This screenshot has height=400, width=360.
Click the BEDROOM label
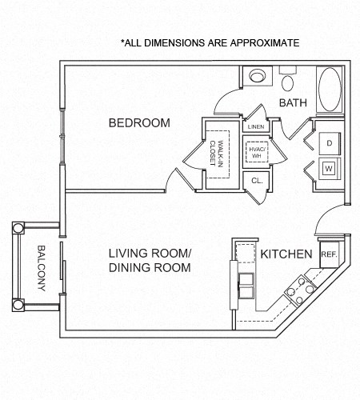pos(140,122)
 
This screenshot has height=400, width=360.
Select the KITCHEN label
pos(286,254)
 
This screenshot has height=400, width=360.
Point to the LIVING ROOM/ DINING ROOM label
pos(150,261)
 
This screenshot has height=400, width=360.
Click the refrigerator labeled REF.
pos(329,254)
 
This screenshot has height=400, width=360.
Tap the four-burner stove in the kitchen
pos(302,286)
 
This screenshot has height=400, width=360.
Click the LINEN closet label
pos(256,127)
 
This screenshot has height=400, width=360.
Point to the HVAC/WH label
pos(258,152)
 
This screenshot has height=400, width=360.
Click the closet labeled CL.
pos(257,181)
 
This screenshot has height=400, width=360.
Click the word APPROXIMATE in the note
pos(261,42)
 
